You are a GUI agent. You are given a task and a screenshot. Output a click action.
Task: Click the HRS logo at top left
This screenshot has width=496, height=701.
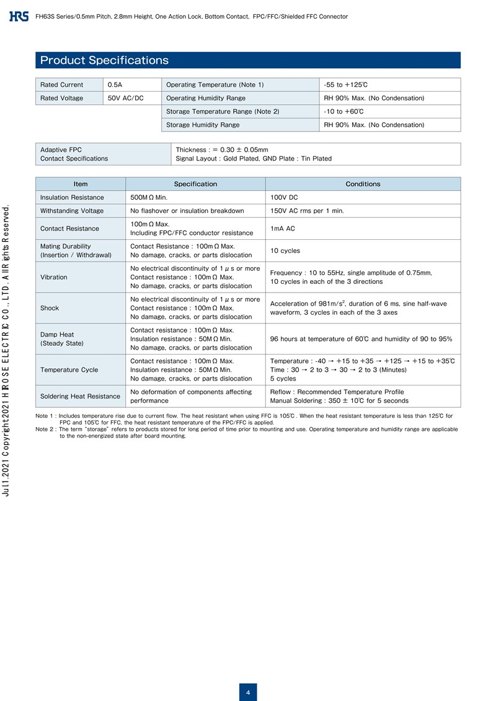[x=19, y=16]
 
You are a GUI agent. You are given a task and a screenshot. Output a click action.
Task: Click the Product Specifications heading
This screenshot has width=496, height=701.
[x=104, y=60]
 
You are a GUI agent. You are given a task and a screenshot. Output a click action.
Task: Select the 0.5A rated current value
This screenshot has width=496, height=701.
[x=115, y=84]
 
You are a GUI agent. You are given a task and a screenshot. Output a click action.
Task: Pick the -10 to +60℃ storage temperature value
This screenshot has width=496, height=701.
[x=343, y=112]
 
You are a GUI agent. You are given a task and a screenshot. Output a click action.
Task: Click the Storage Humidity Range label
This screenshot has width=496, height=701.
[x=203, y=125]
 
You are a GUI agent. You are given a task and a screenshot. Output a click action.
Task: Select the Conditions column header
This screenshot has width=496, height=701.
[x=363, y=184]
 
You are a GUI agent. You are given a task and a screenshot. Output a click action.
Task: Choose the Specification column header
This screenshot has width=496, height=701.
[x=195, y=184]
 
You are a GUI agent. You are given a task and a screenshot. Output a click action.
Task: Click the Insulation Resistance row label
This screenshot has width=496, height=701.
[x=72, y=197]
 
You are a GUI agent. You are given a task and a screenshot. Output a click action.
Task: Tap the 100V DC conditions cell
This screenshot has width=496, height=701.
[x=285, y=197]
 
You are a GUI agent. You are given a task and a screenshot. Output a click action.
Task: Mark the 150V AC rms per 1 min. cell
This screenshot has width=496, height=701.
[x=307, y=211]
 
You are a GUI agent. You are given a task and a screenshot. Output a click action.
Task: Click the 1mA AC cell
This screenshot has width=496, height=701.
[x=283, y=228]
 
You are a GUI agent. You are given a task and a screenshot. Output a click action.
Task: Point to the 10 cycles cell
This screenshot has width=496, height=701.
[x=285, y=250]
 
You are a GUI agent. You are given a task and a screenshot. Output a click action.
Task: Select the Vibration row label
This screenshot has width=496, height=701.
[x=54, y=277]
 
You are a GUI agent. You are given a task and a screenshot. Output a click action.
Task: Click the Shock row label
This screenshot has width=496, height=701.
[x=50, y=308]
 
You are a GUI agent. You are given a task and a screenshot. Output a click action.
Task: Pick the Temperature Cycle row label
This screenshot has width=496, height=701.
[x=69, y=369]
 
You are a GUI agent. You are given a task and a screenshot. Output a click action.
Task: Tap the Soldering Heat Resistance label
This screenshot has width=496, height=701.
[x=80, y=396]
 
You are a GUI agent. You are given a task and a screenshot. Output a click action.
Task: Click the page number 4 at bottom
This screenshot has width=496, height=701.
[x=248, y=692]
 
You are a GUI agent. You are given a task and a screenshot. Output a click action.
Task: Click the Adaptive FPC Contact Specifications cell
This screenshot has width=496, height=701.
[x=74, y=154]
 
